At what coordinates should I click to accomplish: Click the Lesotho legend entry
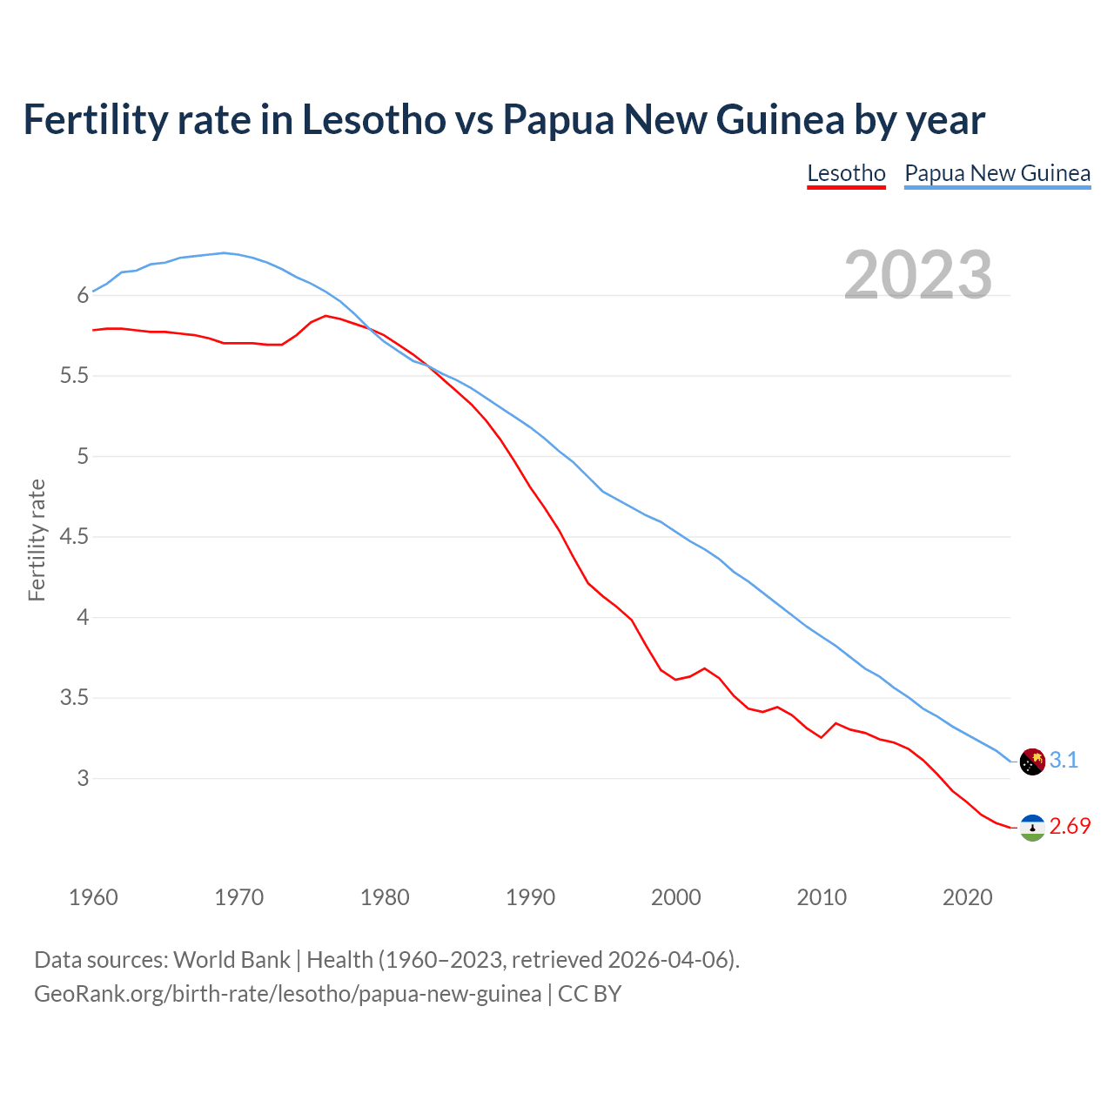[846, 173]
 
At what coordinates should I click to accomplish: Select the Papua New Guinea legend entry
[997, 173]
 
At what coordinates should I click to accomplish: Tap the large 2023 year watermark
[918, 275]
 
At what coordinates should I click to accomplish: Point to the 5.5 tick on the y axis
[73, 376]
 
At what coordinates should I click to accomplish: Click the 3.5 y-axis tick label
[73, 698]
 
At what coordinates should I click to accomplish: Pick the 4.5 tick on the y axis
[73, 537]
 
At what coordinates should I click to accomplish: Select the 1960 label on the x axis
[93, 897]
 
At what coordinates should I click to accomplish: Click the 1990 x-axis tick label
[530, 897]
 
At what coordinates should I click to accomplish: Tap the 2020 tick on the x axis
[967, 897]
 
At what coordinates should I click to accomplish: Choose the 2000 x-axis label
[675, 897]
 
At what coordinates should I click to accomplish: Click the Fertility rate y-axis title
[37, 540]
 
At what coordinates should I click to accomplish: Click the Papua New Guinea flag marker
[1031, 762]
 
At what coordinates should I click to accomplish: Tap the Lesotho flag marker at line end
[1031, 828]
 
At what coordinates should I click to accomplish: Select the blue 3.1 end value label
[1064, 761]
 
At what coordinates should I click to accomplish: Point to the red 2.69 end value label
[1070, 827]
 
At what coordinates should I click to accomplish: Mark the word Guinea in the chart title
[780, 119]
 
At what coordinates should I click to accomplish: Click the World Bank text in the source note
[232, 960]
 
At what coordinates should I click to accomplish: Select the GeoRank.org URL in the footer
[287, 994]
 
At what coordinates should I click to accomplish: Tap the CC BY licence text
[589, 994]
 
